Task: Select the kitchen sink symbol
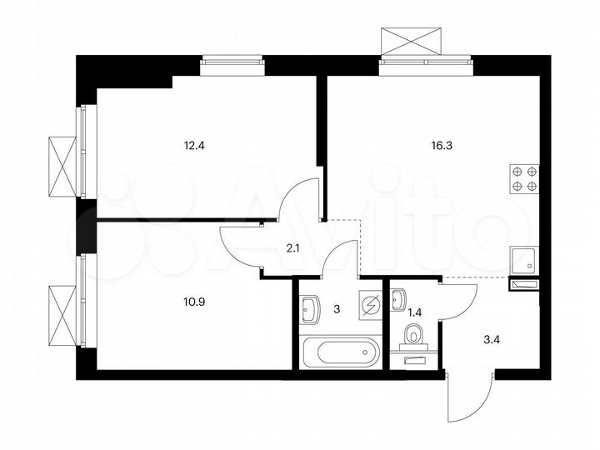525,261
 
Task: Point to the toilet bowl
414,336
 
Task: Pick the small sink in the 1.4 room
399,296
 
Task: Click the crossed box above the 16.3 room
409,40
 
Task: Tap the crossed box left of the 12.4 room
62,163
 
